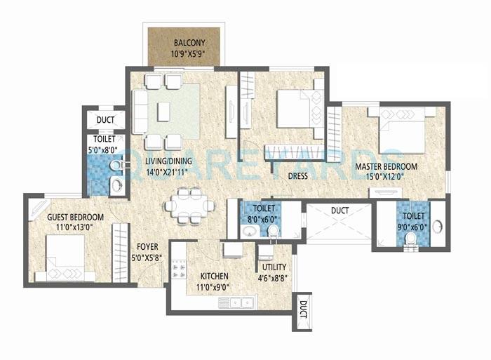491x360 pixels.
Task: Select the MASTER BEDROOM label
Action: click(x=385, y=166)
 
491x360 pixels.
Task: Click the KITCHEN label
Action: click(x=215, y=276)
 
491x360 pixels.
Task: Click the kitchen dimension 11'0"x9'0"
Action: click(x=215, y=286)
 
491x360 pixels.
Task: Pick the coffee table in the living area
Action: click(x=163, y=111)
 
